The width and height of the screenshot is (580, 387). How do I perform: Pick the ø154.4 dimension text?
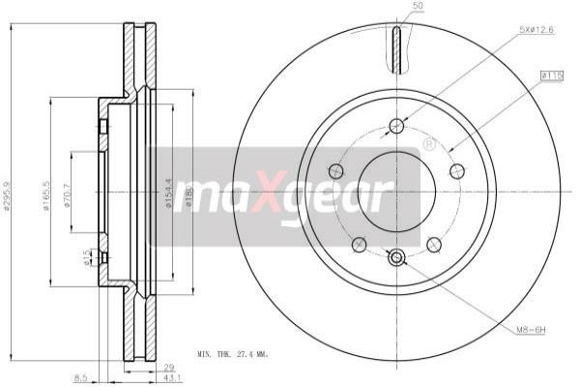coord(169,193)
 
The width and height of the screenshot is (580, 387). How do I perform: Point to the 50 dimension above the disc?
coord(419,7)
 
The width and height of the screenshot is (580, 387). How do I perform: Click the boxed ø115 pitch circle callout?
coord(552,74)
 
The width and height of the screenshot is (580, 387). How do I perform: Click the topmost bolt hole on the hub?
coord(396,125)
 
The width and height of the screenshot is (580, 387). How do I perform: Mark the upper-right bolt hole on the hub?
coord(457,171)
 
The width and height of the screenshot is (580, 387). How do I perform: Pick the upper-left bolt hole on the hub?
coord(336,171)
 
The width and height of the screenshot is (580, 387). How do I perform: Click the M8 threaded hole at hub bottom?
coord(396,257)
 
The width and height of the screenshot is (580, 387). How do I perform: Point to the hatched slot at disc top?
coord(396,49)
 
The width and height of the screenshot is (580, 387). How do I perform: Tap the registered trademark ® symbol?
coord(429,144)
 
